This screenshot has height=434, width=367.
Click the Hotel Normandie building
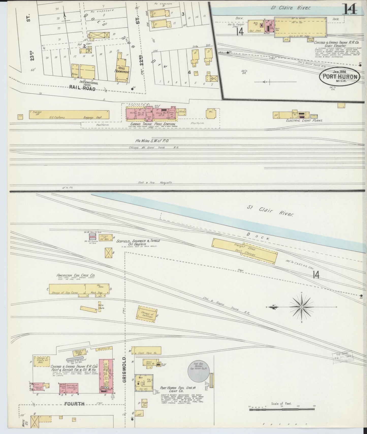point(123,67)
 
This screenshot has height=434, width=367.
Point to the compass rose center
point(301,307)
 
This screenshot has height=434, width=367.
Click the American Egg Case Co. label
point(72,275)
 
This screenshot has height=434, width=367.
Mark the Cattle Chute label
point(102,306)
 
